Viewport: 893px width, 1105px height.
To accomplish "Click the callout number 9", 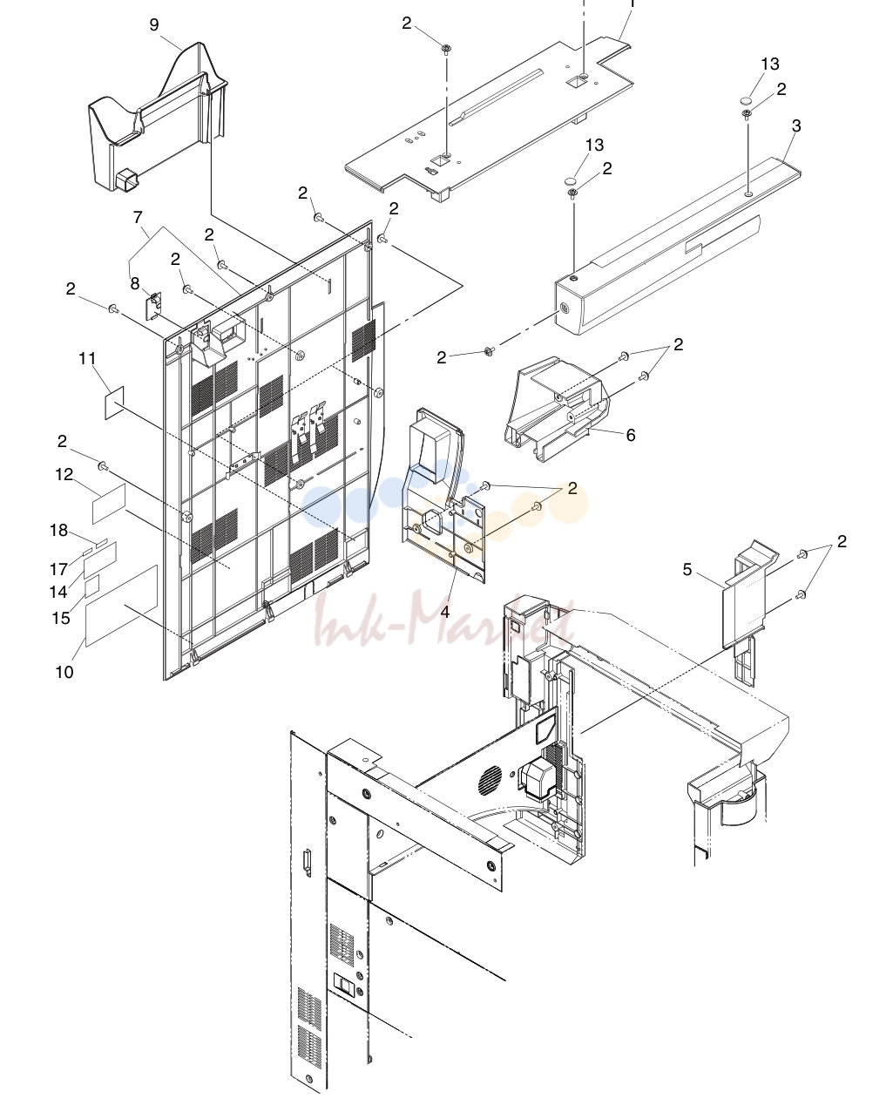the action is tap(154, 25).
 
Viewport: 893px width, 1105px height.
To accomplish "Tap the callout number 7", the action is tap(138, 217).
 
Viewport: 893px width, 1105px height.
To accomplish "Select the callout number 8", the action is tap(135, 283).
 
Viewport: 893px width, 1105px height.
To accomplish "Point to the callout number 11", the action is tap(87, 358).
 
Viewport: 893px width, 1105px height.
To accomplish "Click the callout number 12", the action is tap(64, 474).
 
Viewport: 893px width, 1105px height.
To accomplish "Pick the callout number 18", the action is tap(58, 530).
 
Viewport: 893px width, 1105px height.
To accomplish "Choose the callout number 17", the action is tap(58, 569).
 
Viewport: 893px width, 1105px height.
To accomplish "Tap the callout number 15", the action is tap(61, 618).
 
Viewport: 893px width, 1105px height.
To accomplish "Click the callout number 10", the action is tap(64, 672).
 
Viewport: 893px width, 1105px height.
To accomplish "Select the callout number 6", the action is tap(631, 435).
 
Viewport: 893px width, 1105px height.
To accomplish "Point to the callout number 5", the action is tap(687, 569).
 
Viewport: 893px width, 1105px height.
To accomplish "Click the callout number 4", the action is tap(445, 612).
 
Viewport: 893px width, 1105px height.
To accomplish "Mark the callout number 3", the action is tap(796, 125).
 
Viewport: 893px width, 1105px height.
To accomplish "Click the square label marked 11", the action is tap(115, 403).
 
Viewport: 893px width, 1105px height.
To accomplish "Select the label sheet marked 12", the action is tap(109, 504).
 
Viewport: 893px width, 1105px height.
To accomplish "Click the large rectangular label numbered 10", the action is tap(121, 606).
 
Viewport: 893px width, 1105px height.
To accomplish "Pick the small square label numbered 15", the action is tap(92, 586).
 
